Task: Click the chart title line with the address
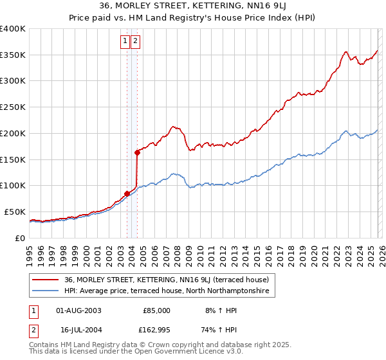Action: pos(193,7)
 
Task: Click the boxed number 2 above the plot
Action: pos(136,41)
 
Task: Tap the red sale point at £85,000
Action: pos(127,193)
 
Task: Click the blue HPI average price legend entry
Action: pos(169,291)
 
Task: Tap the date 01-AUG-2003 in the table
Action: pos(78,310)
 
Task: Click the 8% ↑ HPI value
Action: pos(219,310)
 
